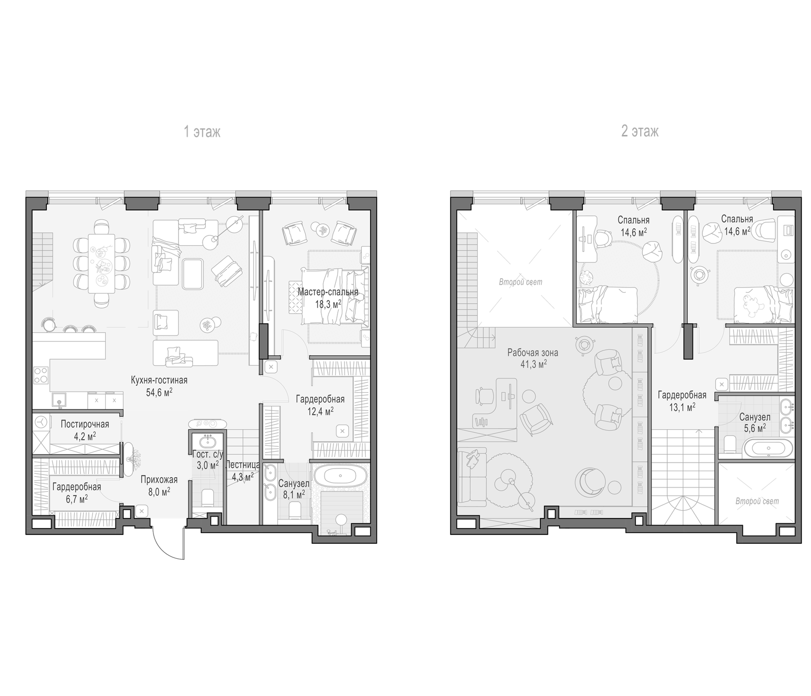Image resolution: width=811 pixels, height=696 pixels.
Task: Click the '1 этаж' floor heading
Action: tap(202, 132)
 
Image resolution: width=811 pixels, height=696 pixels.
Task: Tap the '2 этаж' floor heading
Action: tap(640, 131)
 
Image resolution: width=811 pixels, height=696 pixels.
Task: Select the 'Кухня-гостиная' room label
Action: tap(159, 380)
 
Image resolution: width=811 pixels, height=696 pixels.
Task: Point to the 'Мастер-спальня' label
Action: tap(327, 292)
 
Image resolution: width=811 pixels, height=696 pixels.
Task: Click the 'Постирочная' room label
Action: tap(85, 424)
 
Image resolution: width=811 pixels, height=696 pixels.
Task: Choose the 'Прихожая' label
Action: tap(159, 480)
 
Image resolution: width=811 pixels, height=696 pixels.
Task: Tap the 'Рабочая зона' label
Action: tap(533, 353)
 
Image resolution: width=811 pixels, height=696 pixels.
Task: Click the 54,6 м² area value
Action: tap(159, 392)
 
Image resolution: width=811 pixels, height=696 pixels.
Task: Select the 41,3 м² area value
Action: tap(533, 364)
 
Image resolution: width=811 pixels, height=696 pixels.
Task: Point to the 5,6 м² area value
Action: tap(754, 428)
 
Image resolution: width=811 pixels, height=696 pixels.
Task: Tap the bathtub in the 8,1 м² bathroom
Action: tap(340, 476)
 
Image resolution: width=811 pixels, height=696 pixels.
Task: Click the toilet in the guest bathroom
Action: tap(207, 497)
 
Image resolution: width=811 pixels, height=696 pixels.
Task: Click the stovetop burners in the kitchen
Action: tap(41, 375)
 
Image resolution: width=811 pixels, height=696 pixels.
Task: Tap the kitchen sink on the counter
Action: tap(59, 401)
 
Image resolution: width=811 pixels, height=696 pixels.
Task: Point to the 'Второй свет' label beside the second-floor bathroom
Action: tap(757, 501)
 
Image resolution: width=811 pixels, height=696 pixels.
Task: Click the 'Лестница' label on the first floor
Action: tap(243, 465)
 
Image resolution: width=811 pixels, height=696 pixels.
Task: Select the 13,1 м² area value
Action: tap(682, 407)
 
